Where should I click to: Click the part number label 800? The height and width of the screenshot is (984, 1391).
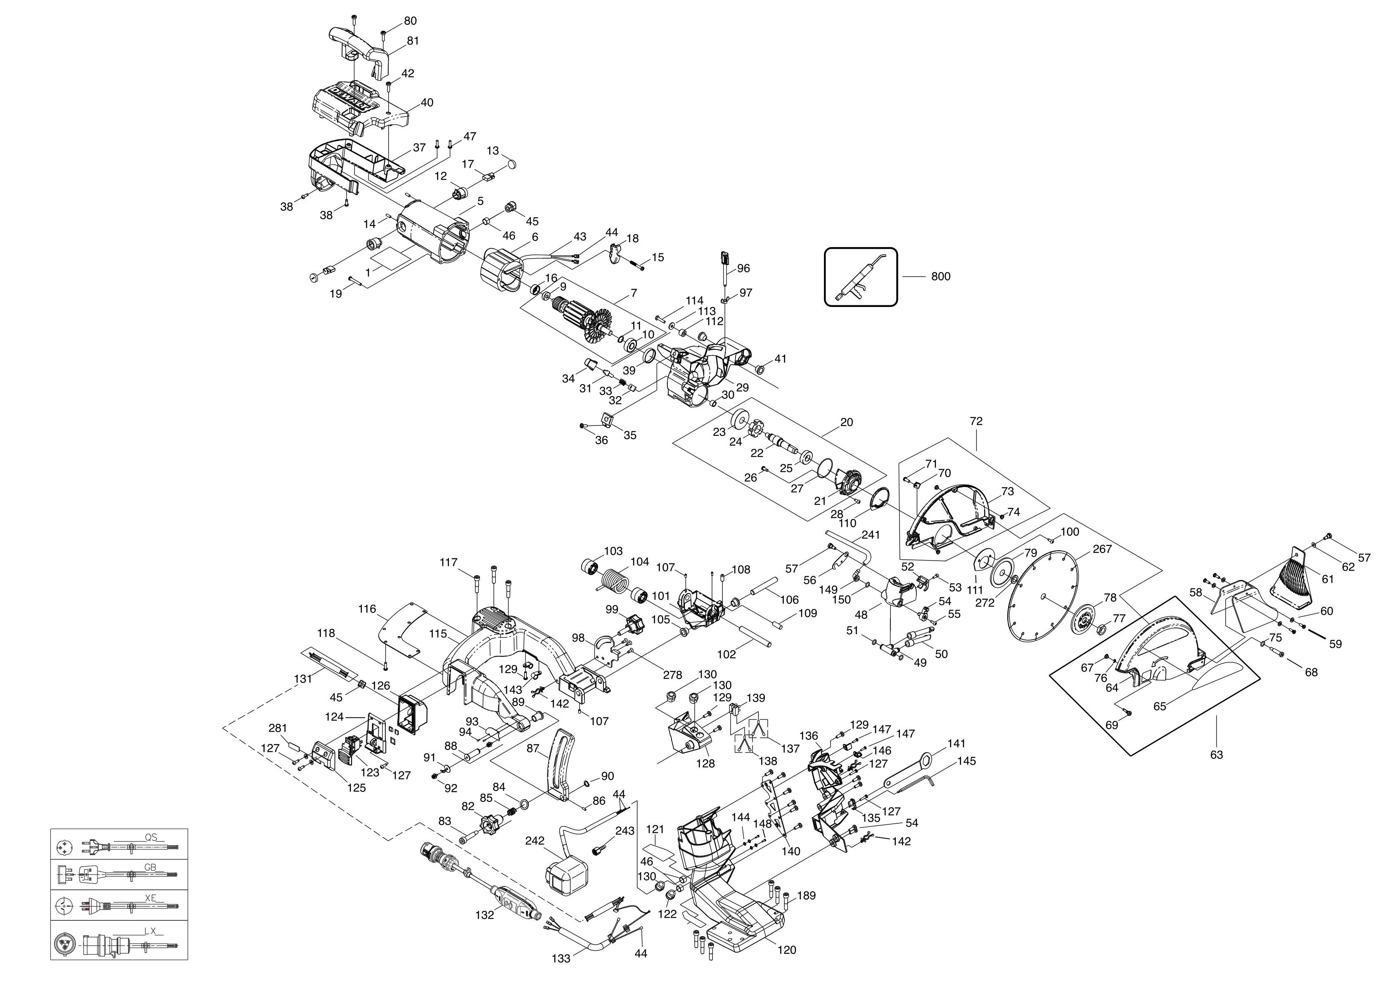[x=940, y=276]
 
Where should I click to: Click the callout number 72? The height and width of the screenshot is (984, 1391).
[x=976, y=421]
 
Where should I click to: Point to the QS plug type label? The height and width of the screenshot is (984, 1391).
[x=151, y=837]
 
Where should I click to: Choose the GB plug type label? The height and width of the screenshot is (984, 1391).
[x=150, y=868]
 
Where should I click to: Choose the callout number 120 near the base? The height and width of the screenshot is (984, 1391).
[x=786, y=950]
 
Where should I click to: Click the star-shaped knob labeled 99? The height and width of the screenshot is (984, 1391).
[x=633, y=622]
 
